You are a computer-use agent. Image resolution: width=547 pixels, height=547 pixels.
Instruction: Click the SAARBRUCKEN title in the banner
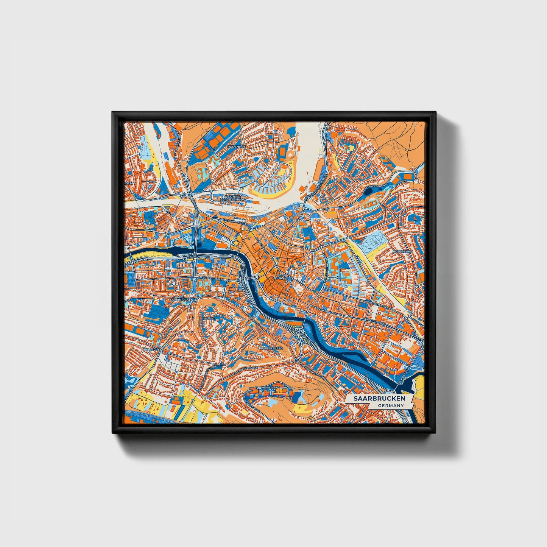pyautogui.click(x=379, y=399)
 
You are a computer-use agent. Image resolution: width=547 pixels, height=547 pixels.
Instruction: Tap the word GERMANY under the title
pyautogui.click(x=390, y=405)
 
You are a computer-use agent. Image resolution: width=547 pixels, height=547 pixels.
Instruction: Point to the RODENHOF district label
pyautogui.click(x=237, y=146)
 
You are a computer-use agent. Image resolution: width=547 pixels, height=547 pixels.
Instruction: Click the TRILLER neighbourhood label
pyautogui.click(x=209, y=319)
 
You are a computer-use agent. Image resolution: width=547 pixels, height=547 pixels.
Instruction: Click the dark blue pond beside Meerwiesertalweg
pyautogui.click(x=368, y=192)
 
